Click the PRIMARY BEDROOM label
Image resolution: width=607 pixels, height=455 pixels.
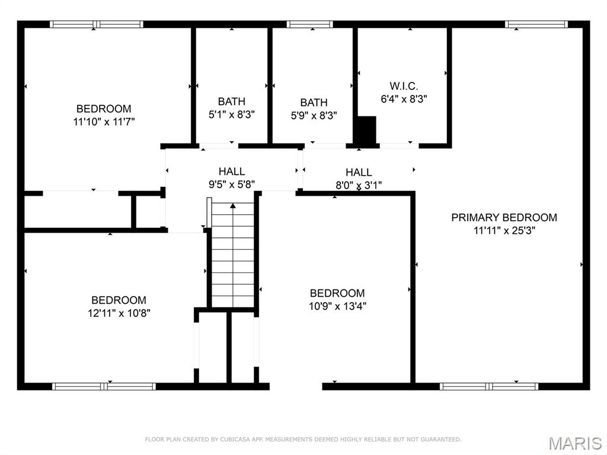[504, 218]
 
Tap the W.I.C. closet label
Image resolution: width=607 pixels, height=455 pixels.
[404, 87]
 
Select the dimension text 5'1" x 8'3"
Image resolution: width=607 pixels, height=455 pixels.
[231, 115]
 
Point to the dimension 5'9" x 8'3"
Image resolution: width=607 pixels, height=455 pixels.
[314, 116]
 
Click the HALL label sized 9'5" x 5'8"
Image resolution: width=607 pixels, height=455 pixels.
[231, 171]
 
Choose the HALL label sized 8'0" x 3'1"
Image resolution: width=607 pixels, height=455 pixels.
[359, 172]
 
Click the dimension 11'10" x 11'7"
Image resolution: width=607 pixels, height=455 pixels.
[104, 122]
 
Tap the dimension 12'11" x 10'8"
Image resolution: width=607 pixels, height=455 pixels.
[119, 313]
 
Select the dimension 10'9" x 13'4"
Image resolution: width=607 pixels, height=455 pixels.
[337, 306]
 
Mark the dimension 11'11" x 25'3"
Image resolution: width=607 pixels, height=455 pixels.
[504, 231]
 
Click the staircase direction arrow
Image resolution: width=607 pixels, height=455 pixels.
[233, 206]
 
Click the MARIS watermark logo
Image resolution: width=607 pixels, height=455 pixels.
[574, 443]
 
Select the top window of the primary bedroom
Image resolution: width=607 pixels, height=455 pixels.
[536, 24]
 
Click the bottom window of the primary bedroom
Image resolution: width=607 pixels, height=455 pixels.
[489, 386]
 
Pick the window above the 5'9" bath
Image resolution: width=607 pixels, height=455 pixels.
[309, 24]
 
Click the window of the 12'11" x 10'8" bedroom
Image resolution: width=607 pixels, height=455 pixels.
[104, 386]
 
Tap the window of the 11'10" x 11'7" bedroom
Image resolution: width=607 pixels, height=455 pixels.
[97, 24]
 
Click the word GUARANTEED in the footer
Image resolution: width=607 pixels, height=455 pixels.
[438, 440]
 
